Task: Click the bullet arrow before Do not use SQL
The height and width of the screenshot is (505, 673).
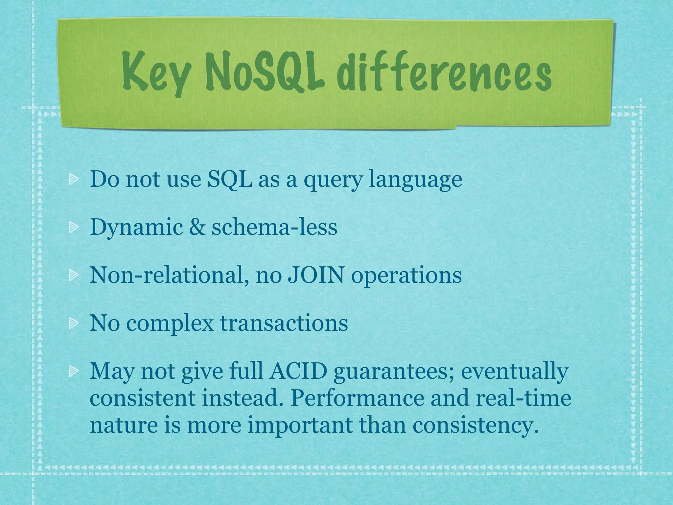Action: [x=73, y=180]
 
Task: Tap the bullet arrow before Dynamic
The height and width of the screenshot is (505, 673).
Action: [x=73, y=228]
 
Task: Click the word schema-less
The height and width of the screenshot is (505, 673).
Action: [x=274, y=227]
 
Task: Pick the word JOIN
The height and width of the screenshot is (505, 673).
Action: [x=316, y=275]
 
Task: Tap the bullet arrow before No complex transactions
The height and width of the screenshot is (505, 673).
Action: [x=73, y=324]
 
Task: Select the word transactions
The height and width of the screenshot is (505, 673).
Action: [x=284, y=323]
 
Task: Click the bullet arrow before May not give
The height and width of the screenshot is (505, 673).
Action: [x=73, y=372]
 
